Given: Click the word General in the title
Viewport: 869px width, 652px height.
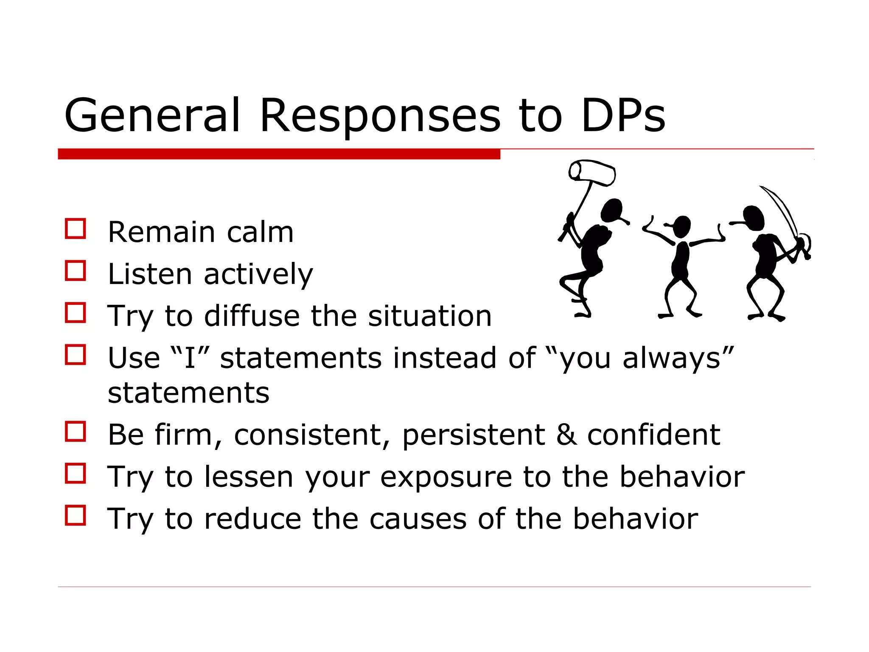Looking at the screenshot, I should tap(152, 115).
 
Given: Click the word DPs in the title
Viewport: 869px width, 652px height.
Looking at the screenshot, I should tap(623, 115).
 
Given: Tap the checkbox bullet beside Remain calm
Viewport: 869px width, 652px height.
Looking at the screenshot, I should tap(76, 229).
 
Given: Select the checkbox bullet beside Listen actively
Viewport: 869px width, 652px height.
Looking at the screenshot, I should tap(76, 271).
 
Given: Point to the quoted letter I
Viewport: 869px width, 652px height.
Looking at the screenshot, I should tap(189, 357).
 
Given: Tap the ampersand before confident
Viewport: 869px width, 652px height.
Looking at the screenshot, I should tap(566, 434).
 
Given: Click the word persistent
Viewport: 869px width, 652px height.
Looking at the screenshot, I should tap(473, 435).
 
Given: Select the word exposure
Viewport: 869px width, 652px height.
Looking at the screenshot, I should tap(446, 477).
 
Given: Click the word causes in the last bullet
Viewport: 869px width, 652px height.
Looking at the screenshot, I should tap(418, 519).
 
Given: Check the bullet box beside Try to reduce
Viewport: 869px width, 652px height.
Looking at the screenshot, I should tap(76, 515).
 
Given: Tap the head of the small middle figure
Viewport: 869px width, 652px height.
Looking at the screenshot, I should tap(682, 226).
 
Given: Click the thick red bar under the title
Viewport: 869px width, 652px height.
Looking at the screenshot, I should tap(279, 154).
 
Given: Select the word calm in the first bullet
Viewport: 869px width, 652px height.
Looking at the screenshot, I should tap(260, 232).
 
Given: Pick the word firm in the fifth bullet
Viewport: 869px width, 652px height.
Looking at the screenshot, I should tap(183, 434).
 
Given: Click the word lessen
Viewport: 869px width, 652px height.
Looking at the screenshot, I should tap(249, 477).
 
